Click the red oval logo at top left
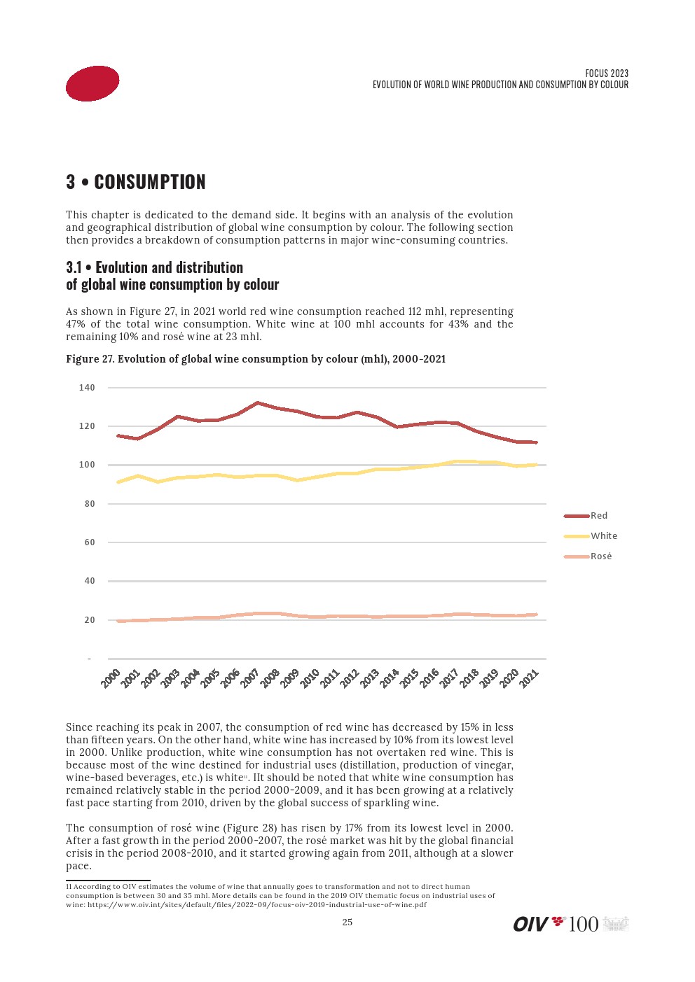click(x=92, y=83)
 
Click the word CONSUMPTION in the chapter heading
click(x=150, y=182)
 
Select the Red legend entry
click(x=598, y=516)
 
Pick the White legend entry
click(x=603, y=536)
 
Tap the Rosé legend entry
click(x=600, y=556)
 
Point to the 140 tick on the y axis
click(x=87, y=388)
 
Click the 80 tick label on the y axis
click(x=90, y=504)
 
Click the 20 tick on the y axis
click(x=90, y=620)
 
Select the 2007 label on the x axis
click(x=250, y=678)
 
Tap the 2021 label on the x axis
click(x=529, y=678)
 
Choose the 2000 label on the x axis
click(x=111, y=678)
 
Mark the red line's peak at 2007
click(x=257, y=402)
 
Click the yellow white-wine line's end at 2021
click(x=536, y=465)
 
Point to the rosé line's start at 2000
click(x=118, y=621)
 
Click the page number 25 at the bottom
click(x=347, y=923)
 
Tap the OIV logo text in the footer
click(x=530, y=925)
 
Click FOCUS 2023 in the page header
click(x=607, y=73)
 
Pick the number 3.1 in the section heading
click(x=74, y=267)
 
